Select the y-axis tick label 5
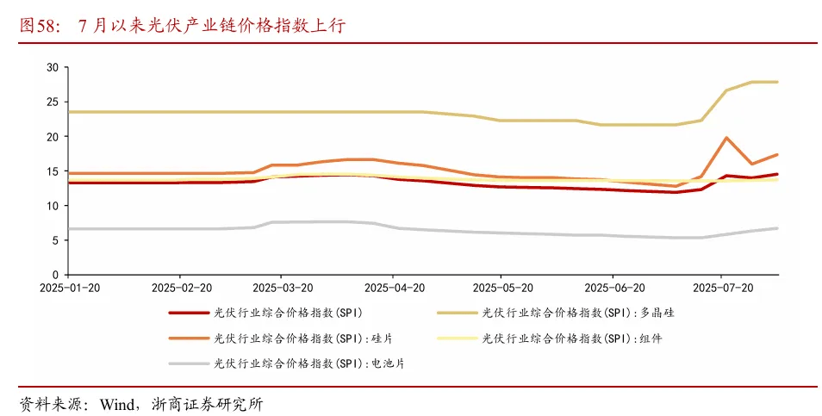pyautogui.click(x=54, y=240)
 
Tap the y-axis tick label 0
pyautogui.click(x=54, y=275)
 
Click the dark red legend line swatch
pyautogui.click(x=187, y=314)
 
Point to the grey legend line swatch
pyautogui.click(x=187, y=363)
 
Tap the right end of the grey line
pyautogui.click(x=778, y=228)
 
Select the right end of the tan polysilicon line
pyautogui.click(x=778, y=82)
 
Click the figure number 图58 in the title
pyautogui.click(x=35, y=26)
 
